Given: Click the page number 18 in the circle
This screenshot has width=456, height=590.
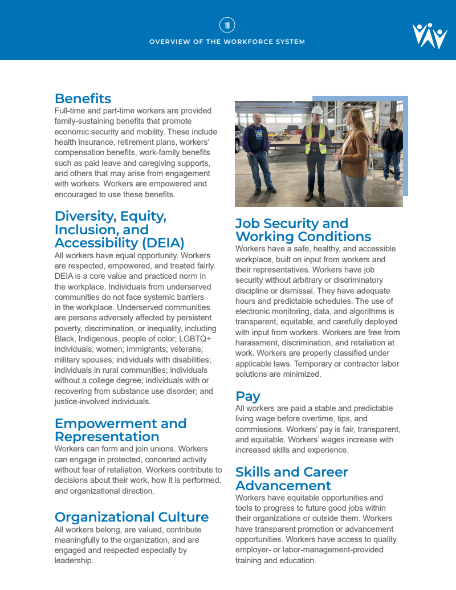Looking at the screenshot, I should click(x=227, y=25).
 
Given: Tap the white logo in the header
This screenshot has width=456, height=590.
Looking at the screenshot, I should click(x=429, y=36).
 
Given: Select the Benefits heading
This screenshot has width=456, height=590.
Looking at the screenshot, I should click(x=83, y=99).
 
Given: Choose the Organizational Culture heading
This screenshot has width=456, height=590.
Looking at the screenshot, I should click(x=131, y=517).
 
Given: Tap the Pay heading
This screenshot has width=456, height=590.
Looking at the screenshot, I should click(x=247, y=396).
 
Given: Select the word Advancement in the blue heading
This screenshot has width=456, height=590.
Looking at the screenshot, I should click(x=283, y=486).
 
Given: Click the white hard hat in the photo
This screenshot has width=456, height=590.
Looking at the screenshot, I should click(x=317, y=110).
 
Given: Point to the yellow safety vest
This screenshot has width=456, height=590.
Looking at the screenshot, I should click(x=316, y=139).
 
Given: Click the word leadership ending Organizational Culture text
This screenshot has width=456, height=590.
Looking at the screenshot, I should click(x=74, y=560).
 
